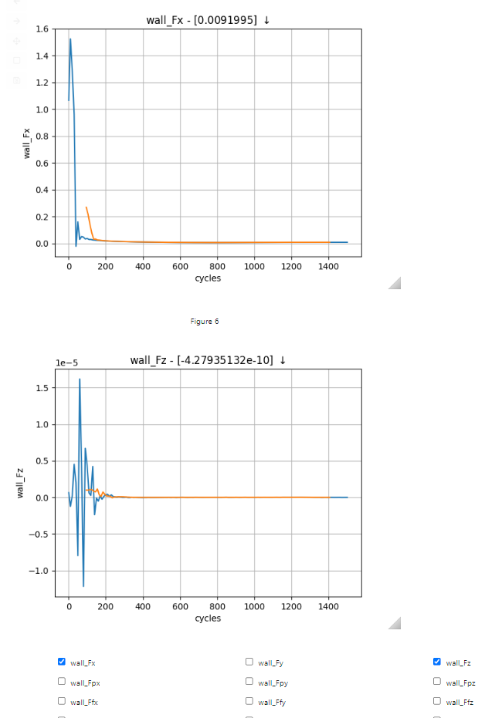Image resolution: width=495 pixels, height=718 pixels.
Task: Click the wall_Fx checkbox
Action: tap(62, 662)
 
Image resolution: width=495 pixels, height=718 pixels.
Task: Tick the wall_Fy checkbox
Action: tap(249, 662)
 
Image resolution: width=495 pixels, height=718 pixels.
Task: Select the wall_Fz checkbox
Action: tap(437, 662)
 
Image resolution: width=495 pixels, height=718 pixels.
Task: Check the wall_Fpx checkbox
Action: tap(62, 682)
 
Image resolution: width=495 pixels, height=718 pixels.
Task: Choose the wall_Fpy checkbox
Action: tap(249, 682)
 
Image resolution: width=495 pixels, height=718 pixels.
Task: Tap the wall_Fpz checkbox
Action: tap(437, 682)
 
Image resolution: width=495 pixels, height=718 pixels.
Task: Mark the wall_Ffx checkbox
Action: tap(62, 701)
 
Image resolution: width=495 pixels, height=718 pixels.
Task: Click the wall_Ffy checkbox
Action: tap(249, 701)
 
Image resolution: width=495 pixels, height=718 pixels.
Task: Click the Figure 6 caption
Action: tap(205, 322)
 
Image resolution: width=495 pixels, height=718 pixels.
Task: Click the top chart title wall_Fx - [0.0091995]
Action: tap(208, 20)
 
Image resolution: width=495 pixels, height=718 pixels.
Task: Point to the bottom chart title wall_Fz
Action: tap(208, 360)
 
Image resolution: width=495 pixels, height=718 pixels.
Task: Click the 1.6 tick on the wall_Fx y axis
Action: tap(41, 29)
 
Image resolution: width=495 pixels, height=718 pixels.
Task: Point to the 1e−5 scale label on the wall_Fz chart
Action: tap(66, 362)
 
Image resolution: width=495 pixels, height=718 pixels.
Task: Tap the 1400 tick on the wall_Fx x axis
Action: tap(328, 266)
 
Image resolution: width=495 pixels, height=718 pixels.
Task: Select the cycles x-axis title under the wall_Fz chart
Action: tap(208, 618)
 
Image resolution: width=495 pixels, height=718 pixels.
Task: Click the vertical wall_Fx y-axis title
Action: tap(26, 143)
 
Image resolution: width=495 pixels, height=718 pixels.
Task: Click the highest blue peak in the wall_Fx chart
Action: tap(70, 39)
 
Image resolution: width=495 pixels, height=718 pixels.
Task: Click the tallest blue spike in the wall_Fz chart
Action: tap(80, 379)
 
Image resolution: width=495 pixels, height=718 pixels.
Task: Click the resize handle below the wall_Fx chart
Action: tap(395, 283)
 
